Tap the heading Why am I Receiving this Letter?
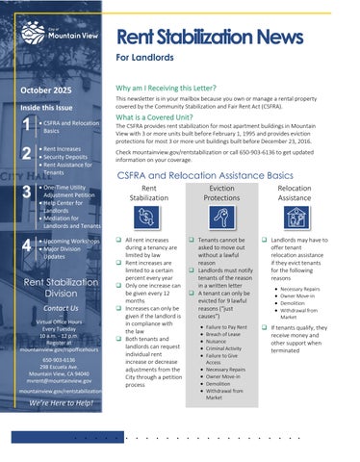coord(180,87)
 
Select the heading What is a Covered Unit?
coord(163,116)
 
